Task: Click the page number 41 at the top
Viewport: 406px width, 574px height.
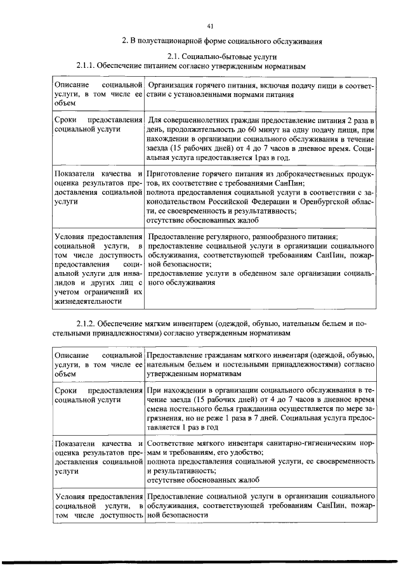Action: point(210,26)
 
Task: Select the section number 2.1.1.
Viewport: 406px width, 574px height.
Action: point(87,66)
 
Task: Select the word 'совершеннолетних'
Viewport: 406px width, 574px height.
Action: point(195,120)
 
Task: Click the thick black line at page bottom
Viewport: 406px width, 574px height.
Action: point(203,562)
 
